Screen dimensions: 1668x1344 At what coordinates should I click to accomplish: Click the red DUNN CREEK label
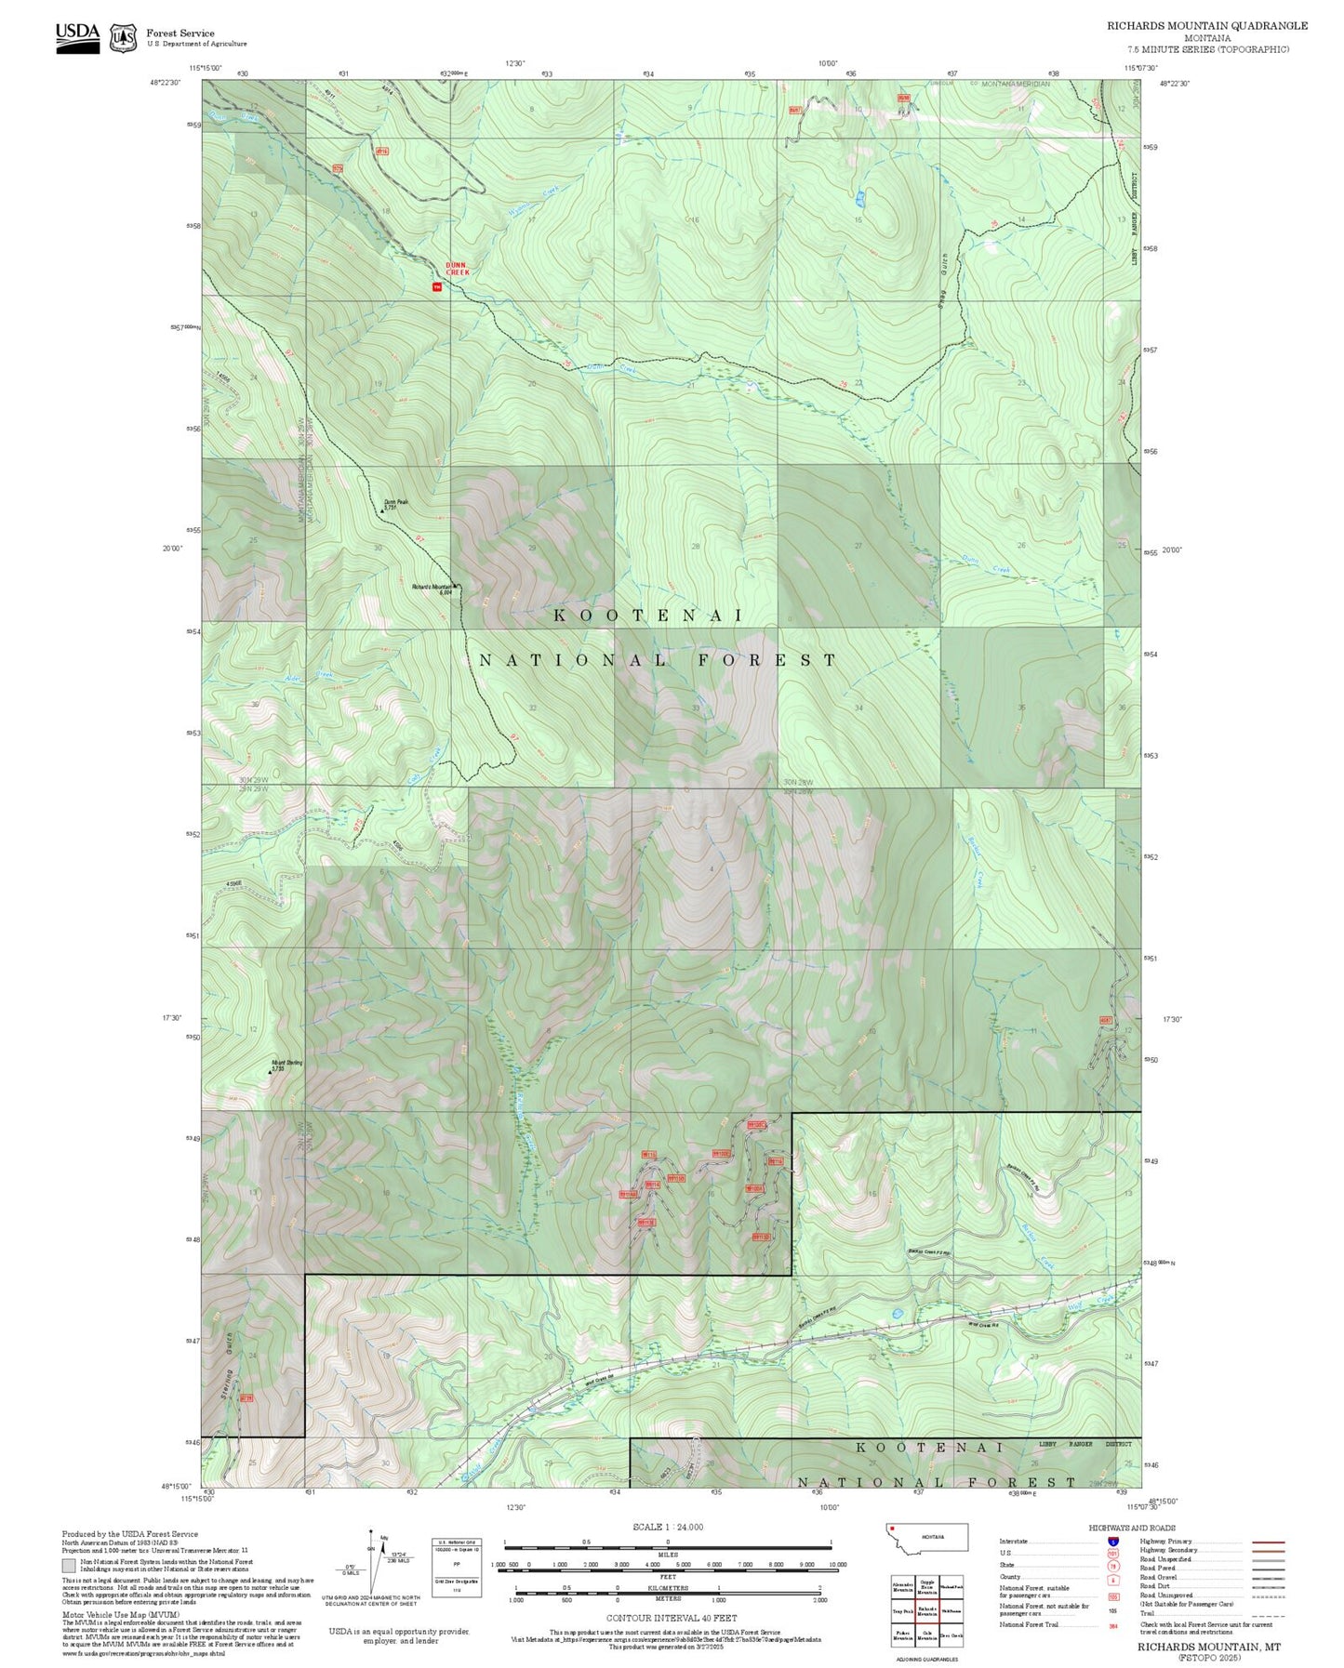(457, 268)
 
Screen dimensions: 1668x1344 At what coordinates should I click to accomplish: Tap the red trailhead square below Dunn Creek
(436, 286)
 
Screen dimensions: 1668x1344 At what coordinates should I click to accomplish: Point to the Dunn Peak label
(396, 503)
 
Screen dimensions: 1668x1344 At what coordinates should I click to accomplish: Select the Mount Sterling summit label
(286, 1065)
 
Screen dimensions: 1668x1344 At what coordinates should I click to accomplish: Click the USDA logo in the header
(77, 36)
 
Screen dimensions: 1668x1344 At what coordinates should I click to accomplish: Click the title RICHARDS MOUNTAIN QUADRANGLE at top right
(1206, 26)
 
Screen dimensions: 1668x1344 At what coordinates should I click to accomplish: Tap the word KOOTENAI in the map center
(648, 616)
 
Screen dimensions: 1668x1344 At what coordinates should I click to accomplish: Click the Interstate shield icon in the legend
(1112, 1542)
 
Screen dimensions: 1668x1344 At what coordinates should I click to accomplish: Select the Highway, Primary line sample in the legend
(1268, 1542)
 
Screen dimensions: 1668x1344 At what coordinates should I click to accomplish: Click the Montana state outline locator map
(926, 1538)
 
